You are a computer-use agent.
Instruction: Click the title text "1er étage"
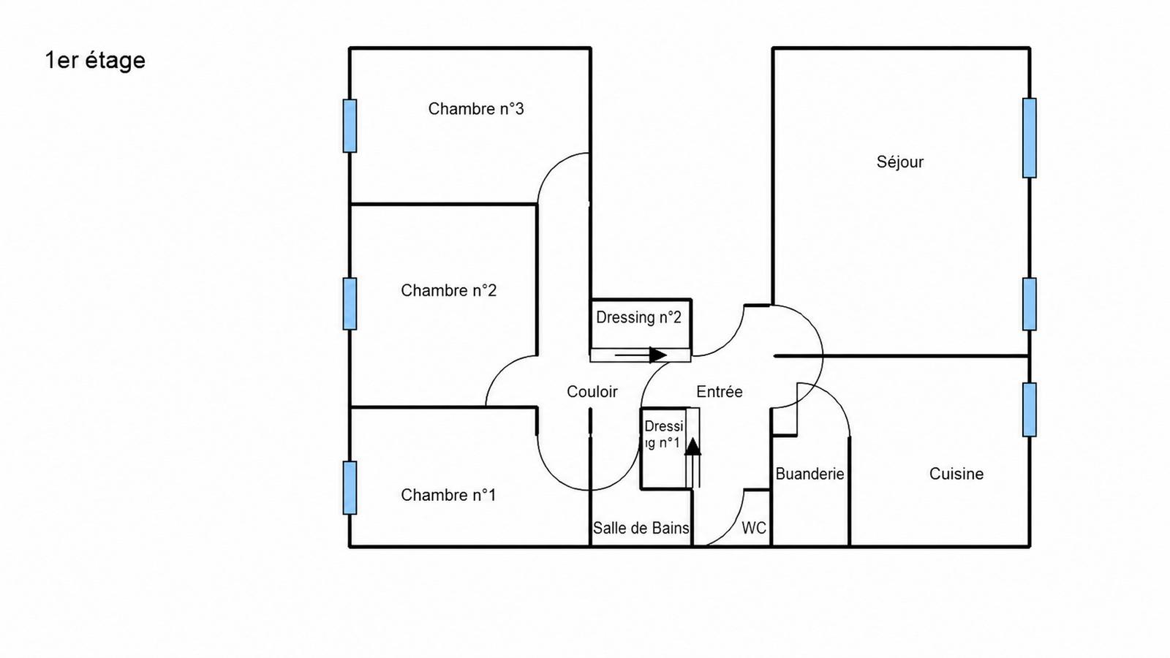click(x=95, y=61)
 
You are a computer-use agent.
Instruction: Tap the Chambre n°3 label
click(x=476, y=109)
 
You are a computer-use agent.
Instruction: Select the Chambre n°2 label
click(x=449, y=290)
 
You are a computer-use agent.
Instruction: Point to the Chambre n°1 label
click(x=448, y=495)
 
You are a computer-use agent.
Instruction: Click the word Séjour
click(x=900, y=162)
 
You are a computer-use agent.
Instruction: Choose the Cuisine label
click(x=956, y=474)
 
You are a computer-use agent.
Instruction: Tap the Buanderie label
click(x=809, y=474)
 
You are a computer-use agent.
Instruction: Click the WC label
click(x=754, y=528)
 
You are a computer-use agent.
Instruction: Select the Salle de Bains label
click(x=641, y=528)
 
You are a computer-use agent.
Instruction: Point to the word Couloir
click(x=592, y=392)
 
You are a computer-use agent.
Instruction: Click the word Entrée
click(x=720, y=392)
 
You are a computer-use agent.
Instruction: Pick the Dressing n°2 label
click(x=639, y=317)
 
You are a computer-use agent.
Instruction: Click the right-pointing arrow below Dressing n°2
click(x=641, y=355)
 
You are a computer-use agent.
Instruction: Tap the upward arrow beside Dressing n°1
click(x=692, y=463)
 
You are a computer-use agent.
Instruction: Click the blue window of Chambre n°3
click(x=350, y=126)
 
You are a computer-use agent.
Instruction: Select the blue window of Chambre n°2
click(x=350, y=303)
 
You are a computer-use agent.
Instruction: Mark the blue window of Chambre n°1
click(x=350, y=488)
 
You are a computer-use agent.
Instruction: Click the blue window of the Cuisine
click(x=1030, y=409)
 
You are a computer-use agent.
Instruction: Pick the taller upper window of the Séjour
click(x=1030, y=138)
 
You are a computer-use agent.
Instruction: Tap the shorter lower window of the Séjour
click(x=1030, y=304)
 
